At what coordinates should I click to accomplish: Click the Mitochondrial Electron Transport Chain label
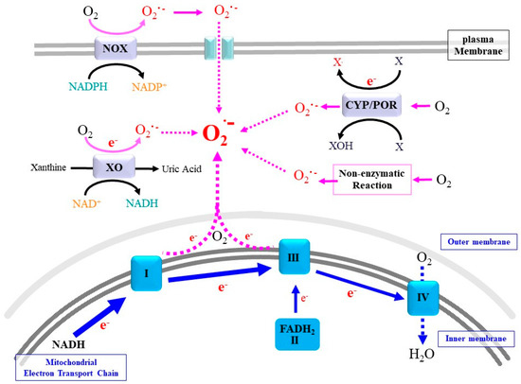[x=66, y=365]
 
